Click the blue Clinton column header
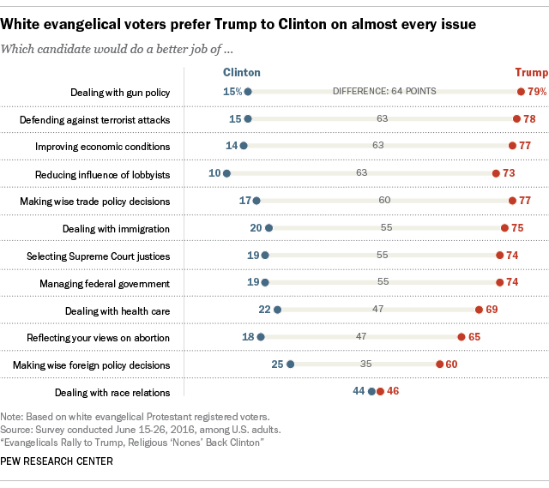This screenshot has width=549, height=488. tap(241, 73)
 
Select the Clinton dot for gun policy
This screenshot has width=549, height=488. tap(248, 92)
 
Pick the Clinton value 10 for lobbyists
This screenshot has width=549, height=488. tap(214, 174)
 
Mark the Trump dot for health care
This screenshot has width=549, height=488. tap(479, 310)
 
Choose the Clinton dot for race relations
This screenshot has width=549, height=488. tap(371, 392)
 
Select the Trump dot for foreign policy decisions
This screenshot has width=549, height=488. tap(440, 364)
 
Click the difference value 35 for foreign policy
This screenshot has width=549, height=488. tap(365, 364)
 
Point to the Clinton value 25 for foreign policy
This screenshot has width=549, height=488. tap(277, 364)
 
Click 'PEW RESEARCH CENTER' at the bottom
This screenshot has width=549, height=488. tap(57, 461)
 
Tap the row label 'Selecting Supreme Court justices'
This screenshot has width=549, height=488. tap(98, 256)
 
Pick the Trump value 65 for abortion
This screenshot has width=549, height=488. tap(474, 338)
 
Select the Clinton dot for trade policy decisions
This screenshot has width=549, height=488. tap(256, 201)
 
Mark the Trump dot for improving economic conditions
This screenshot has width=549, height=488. tap(512, 147)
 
